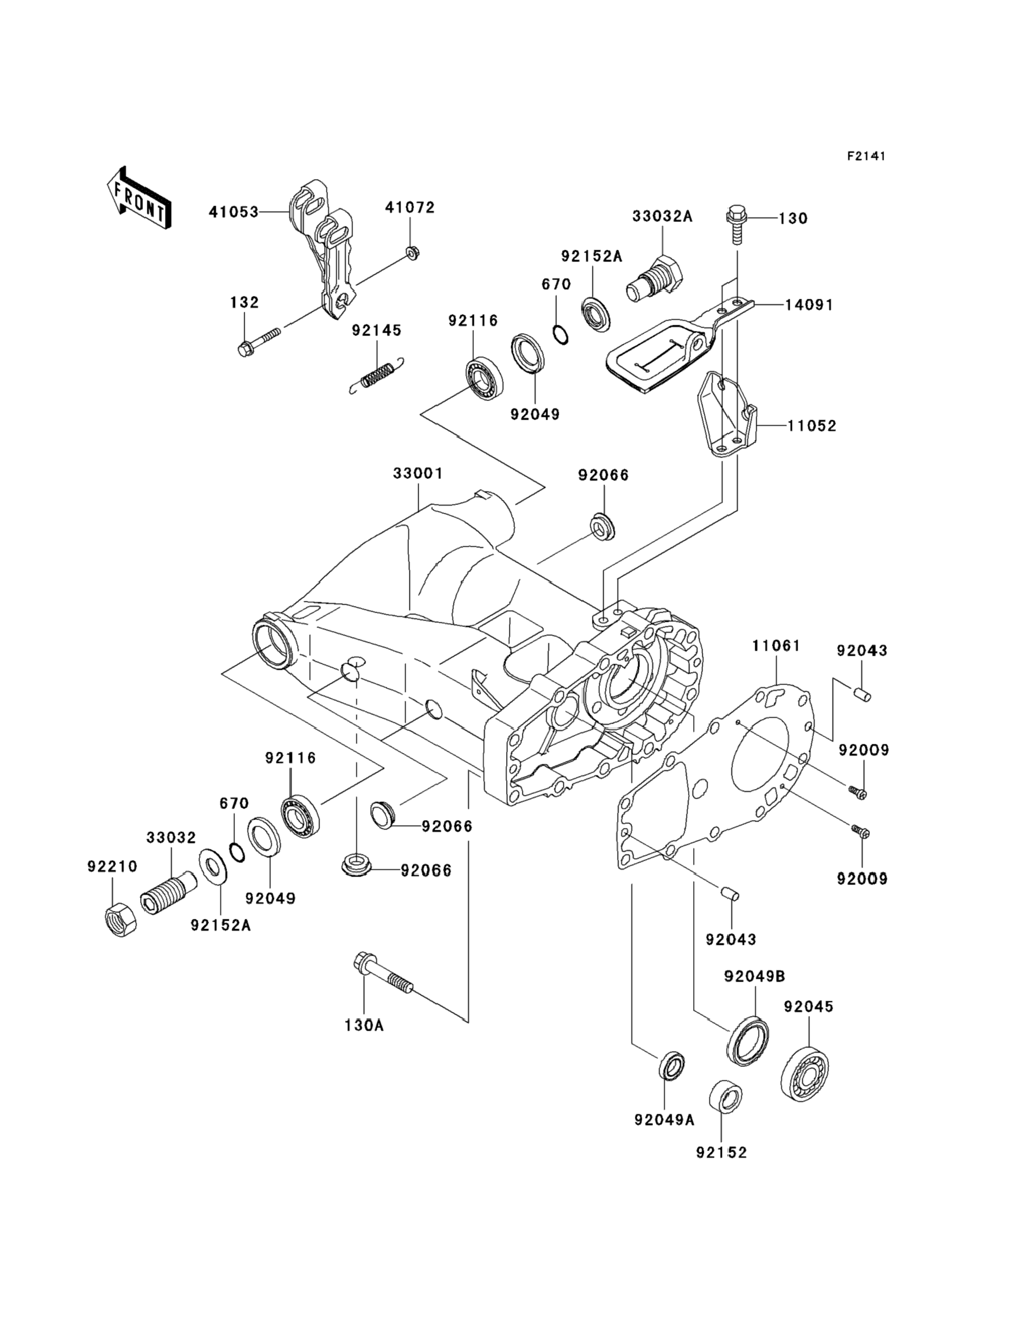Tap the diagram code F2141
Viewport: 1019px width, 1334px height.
pyautogui.click(x=866, y=156)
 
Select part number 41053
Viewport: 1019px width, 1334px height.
pyautogui.click(x=233, y=212)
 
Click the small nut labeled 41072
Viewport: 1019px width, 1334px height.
pyautogui.click(x=411, y=252)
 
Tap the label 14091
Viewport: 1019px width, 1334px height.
pyautogui.click(x=809, y=305)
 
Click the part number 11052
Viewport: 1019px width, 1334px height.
pyautogui.click(x=812, y=426)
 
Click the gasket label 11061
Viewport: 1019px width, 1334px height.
pyautogui.click(x=776, y=646)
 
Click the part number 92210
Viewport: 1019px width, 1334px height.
pyautogui.click(x=112, y=867)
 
